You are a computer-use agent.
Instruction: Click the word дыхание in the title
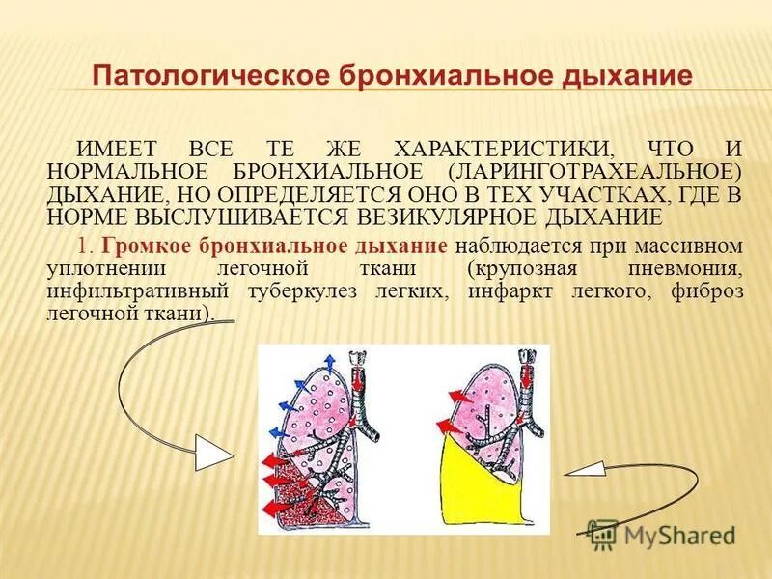click(x=628, y=76)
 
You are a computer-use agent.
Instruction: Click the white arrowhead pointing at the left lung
click(x=215, y=451)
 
